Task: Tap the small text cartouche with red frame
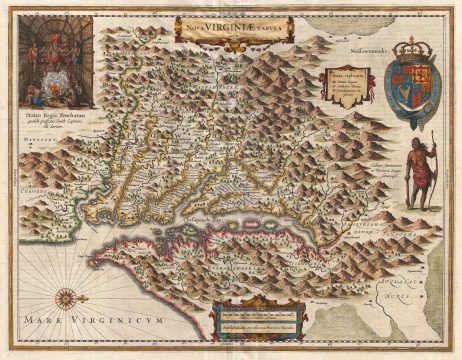(337, 87)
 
